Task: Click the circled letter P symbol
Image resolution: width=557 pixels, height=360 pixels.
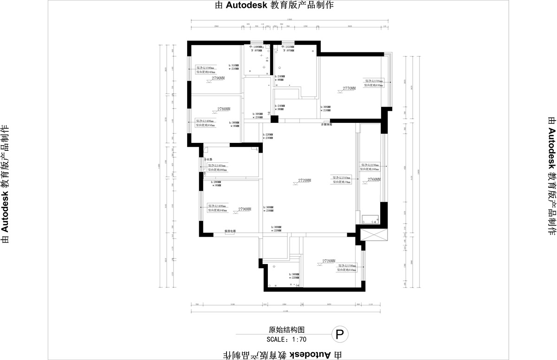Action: click(340, 334)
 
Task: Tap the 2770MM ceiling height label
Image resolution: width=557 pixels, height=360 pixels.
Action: click(349, 88)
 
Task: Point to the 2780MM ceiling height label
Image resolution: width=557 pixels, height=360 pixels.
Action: click(224, 109)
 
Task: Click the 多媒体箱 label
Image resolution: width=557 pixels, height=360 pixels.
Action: click(327, 124)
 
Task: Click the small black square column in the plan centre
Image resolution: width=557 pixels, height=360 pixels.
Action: click(274, 119)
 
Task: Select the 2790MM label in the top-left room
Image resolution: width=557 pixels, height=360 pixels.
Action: click(218, 78)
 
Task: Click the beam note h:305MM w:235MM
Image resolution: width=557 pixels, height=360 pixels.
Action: click(258, 116)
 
